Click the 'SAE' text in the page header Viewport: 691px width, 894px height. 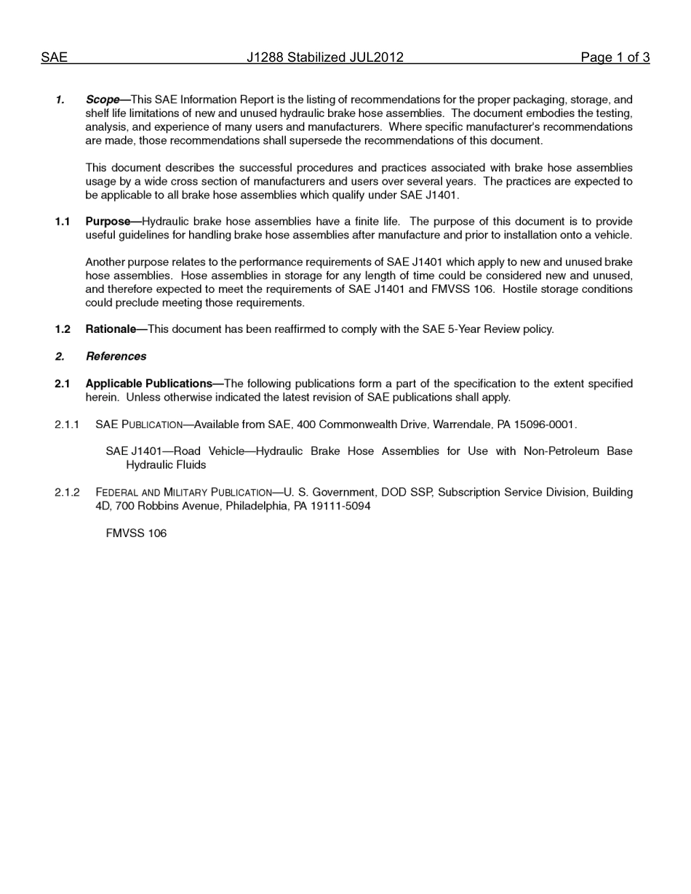pyautogui.click(x=54, y=57)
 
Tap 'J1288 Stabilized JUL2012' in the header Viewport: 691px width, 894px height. pyautogui.click(x=324, y=57)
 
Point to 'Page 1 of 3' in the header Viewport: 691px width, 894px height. pyautogui.click(x=615, y=57)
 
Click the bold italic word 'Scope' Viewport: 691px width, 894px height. pyautogui.click(x=102, y=100)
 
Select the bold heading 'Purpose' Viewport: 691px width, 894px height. pyautogui.click(x=108, y=222)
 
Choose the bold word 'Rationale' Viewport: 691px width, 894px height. pyautogui.click(x=111, y=329)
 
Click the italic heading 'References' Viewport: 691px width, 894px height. pyautogui.click(x=116, y=356)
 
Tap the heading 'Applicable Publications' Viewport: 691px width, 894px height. pyautogui.click(x=148, y=384)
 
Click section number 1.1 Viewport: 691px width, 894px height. pyautogui.click(x=63, y=222)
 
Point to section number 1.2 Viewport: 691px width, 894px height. pyautogui.click(x=63, y=329)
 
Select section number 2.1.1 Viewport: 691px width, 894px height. pyautogui.click(x=67, y=424)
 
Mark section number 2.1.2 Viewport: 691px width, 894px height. pyautogui.click(x=67, y=493)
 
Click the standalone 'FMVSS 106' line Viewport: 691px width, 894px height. pyautogui.click(x=136, y=533)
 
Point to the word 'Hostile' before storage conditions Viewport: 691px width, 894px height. pyautogui.click(x=522, y=289)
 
